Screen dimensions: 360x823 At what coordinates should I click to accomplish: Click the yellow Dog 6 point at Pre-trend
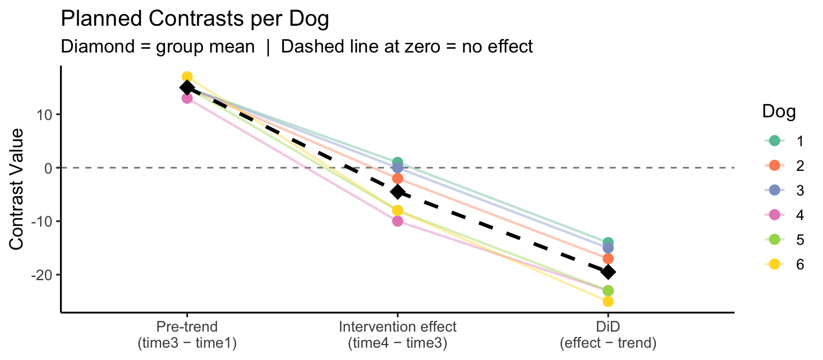[x=187, y=77]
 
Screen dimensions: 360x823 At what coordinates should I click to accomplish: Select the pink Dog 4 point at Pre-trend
[x=187, y=98]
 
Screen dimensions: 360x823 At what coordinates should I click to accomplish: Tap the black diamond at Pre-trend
[x=187, y=88]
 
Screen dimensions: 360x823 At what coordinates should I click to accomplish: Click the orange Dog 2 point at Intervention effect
[x=398, y=178]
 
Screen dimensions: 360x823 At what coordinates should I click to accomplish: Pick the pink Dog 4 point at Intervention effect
[x=398, y=221]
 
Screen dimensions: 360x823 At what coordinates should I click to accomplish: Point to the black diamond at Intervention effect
[x=398, y=192]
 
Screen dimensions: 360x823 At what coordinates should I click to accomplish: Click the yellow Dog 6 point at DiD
[x=608, y=301]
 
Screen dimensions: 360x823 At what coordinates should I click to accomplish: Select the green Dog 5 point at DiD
[x=608, y=291]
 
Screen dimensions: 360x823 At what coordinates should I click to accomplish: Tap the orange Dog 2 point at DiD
[x=608, y=259]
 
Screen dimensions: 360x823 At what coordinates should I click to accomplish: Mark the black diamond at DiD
[x=608, y=272]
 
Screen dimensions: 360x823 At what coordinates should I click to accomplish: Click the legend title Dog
[x=779, y=112]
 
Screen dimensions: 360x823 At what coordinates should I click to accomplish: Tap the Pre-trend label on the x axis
[x=187, y=327]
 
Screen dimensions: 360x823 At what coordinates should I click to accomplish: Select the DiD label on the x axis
[x=608, y=327]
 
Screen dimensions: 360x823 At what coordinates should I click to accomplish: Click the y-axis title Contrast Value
[x=17, y=189]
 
